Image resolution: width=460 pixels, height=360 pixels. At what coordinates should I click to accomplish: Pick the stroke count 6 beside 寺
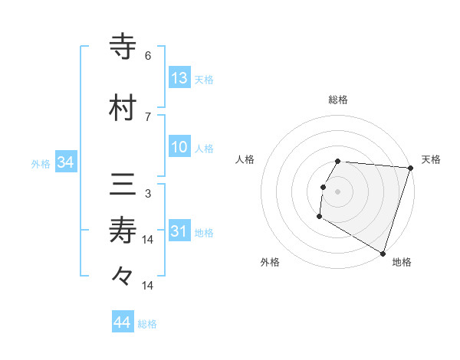point(148,56)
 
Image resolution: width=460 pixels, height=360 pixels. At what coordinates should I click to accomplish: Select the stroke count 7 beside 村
point(148,116)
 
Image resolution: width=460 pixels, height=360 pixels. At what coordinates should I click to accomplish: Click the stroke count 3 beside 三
point(148,194)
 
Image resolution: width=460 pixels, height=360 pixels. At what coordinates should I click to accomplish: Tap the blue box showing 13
point(179,78)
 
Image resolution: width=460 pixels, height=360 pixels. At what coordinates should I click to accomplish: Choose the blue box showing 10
point(179,147)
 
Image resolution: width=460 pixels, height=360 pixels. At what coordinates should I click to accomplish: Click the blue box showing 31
point(179,231)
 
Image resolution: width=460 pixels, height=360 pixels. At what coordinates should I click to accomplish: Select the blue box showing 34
point(65,162)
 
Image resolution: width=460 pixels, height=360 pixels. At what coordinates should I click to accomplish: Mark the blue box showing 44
point(123,322)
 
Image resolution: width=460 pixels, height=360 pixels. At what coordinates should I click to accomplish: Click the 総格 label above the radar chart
point(338,100)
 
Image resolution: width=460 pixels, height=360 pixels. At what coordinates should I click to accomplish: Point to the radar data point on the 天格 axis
point(410,169)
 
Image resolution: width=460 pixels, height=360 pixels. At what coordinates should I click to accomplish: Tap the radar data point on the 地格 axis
point(383,253)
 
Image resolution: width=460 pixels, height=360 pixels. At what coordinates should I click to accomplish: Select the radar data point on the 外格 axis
point(319,217)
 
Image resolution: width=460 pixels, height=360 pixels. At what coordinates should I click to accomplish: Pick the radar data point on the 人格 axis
point(323,187)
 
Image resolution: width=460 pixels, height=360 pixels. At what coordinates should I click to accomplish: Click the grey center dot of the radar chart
point(338,191)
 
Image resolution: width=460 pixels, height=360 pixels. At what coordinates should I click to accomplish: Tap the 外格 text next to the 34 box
point(41,163)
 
